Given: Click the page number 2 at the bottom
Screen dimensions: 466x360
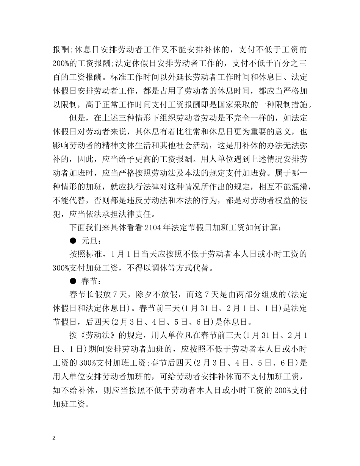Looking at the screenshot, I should (x=54, y=438).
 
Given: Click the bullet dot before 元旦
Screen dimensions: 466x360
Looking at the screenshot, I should (x=73, y=241).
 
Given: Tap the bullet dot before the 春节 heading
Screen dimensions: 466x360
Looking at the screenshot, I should (x=73, y=281).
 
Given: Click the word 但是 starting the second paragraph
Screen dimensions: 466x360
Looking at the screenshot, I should (x=77, y=118).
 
